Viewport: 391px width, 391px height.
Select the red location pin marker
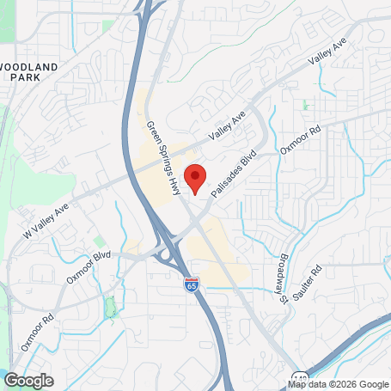click(x=195, y=178)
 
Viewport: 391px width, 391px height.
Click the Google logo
click(x=29, y=380)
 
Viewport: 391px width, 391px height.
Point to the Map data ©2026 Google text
click(x=338, y=384)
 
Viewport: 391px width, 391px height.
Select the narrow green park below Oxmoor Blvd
click(x=109, y=305)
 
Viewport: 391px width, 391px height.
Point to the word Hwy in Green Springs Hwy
click(x=174, y=181)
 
